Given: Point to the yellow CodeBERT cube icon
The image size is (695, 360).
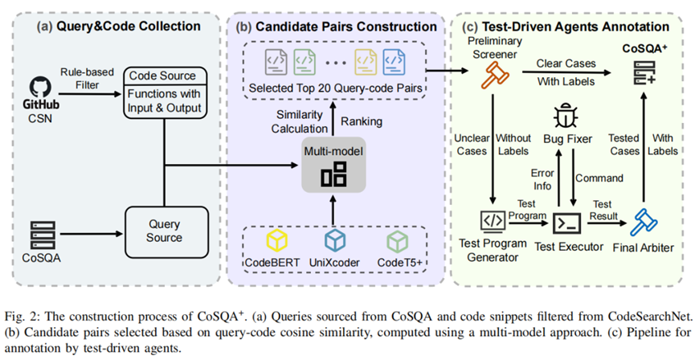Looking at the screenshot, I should click(276, 241).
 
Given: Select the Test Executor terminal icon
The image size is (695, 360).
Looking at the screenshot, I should click(568, 219).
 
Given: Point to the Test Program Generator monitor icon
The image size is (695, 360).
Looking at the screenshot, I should click(492, 219).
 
